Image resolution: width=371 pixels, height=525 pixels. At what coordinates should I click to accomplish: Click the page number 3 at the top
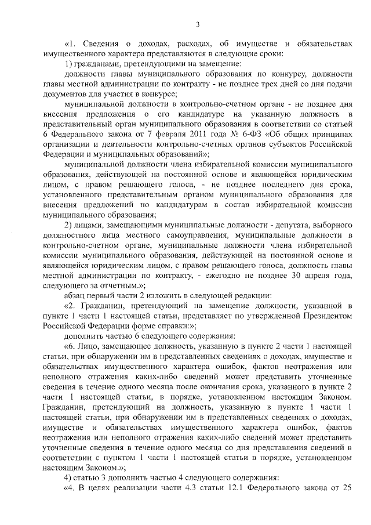(197, 24)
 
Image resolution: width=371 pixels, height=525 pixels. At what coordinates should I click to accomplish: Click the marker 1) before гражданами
(68, 63)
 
